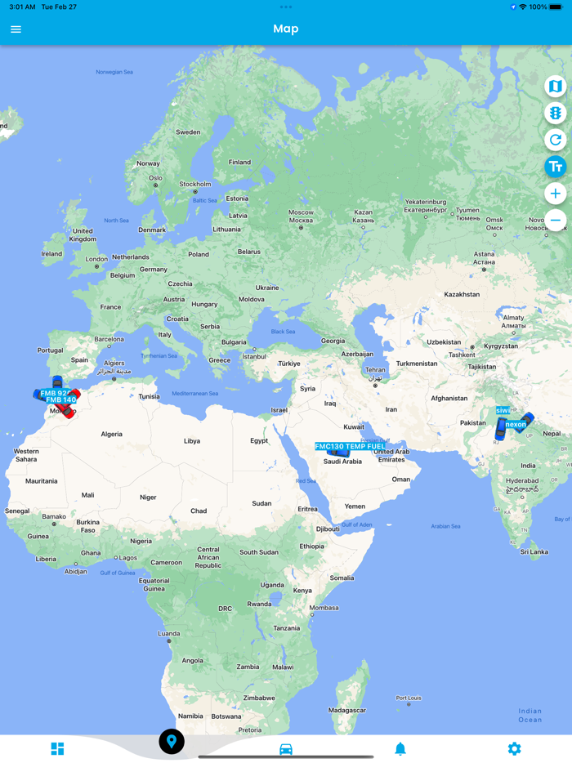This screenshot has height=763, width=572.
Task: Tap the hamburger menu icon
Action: [x=16, y=29]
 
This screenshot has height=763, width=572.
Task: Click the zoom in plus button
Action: [x=555, y=194]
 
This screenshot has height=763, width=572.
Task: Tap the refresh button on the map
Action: [x=555, y=140]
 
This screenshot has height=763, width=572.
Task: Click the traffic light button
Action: [x=555, y=113]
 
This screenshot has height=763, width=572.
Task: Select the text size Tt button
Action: [x=555, y=167]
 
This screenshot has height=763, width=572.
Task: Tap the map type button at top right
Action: [x=555, y=86]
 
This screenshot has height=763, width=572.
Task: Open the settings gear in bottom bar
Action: [x=514, y=748]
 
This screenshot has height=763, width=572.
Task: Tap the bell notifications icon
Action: [x=400, y=748]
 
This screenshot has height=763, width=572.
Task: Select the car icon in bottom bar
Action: [x=286, y=748]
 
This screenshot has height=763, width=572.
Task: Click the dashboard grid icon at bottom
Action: [x=57, y=748]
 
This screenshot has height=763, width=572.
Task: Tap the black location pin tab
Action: [x=172, y=742]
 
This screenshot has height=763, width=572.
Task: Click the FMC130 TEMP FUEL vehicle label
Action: [x=351, y=447]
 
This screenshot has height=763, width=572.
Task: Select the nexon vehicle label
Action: [x=516, y=425]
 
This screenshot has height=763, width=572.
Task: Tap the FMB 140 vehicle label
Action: [x=61, y=400]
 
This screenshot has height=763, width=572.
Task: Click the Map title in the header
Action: [x=286, y=29]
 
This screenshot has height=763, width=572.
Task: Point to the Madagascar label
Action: [x=346, y=710]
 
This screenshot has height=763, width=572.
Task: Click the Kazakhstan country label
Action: [x=462, y=294]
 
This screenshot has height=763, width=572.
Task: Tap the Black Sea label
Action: [x=284, y=332]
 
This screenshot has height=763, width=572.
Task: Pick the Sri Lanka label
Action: [x=534, y=551]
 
